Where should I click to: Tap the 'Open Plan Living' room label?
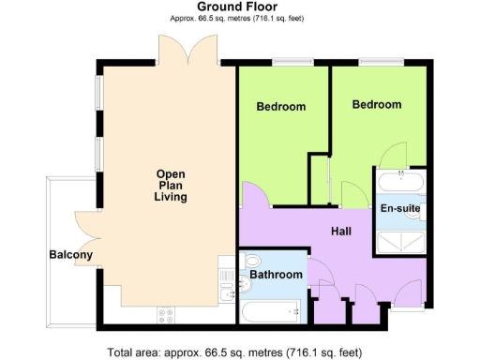pyautogui.click(x=171, y=186)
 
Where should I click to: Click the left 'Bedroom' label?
pyautogui.click(x=281, y=107)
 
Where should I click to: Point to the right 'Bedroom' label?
pyautogui.click(x=376, y=105)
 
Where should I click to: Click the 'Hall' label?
pyautogui.click(x=341, y=231)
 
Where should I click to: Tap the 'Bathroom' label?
pyautogui.click(x=276, y=275)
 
